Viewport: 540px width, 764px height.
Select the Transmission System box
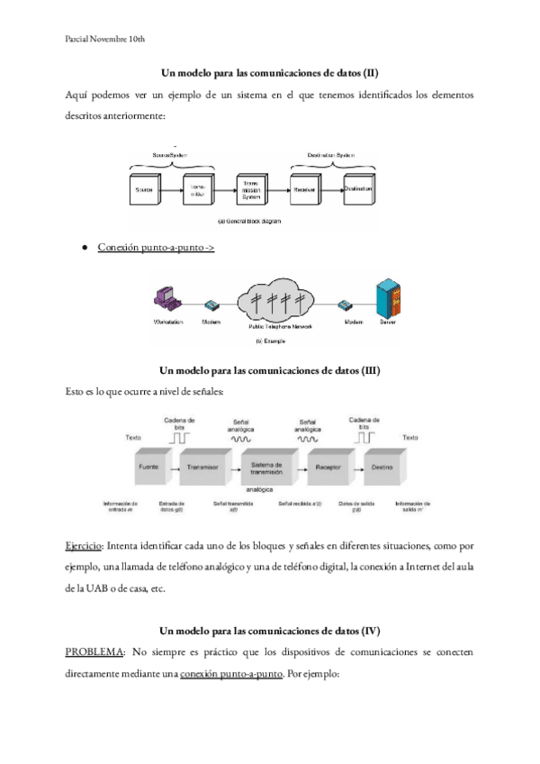point(251,190)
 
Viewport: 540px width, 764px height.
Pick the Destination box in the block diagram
point(358,190)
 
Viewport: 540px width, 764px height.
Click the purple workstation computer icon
point(164,300)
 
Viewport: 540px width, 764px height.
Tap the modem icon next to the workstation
point(211,305)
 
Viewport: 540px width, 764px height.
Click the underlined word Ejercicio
point(85,546)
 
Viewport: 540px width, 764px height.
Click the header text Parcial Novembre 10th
point(106,40)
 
